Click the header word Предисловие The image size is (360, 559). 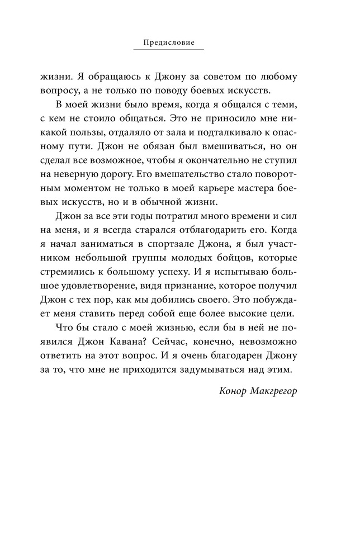click(x=168, y=42)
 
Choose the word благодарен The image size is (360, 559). click(x=231, y=356)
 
